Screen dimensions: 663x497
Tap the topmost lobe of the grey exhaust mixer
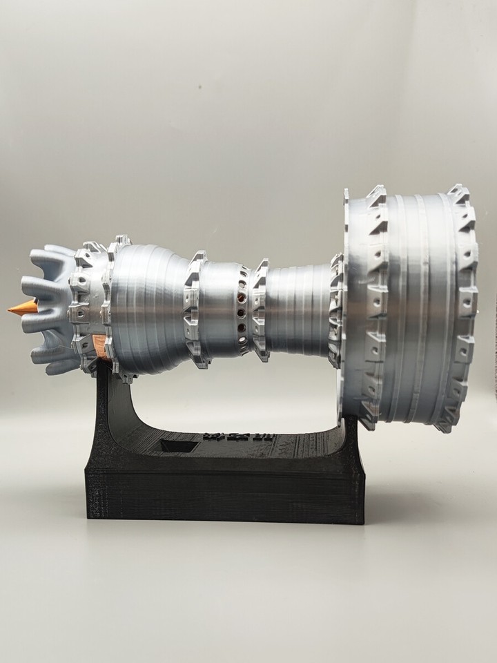tap(58, 256)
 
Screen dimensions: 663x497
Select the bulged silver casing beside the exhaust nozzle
tap(148, 304)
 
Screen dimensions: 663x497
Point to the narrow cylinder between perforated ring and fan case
tap(297, 308)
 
